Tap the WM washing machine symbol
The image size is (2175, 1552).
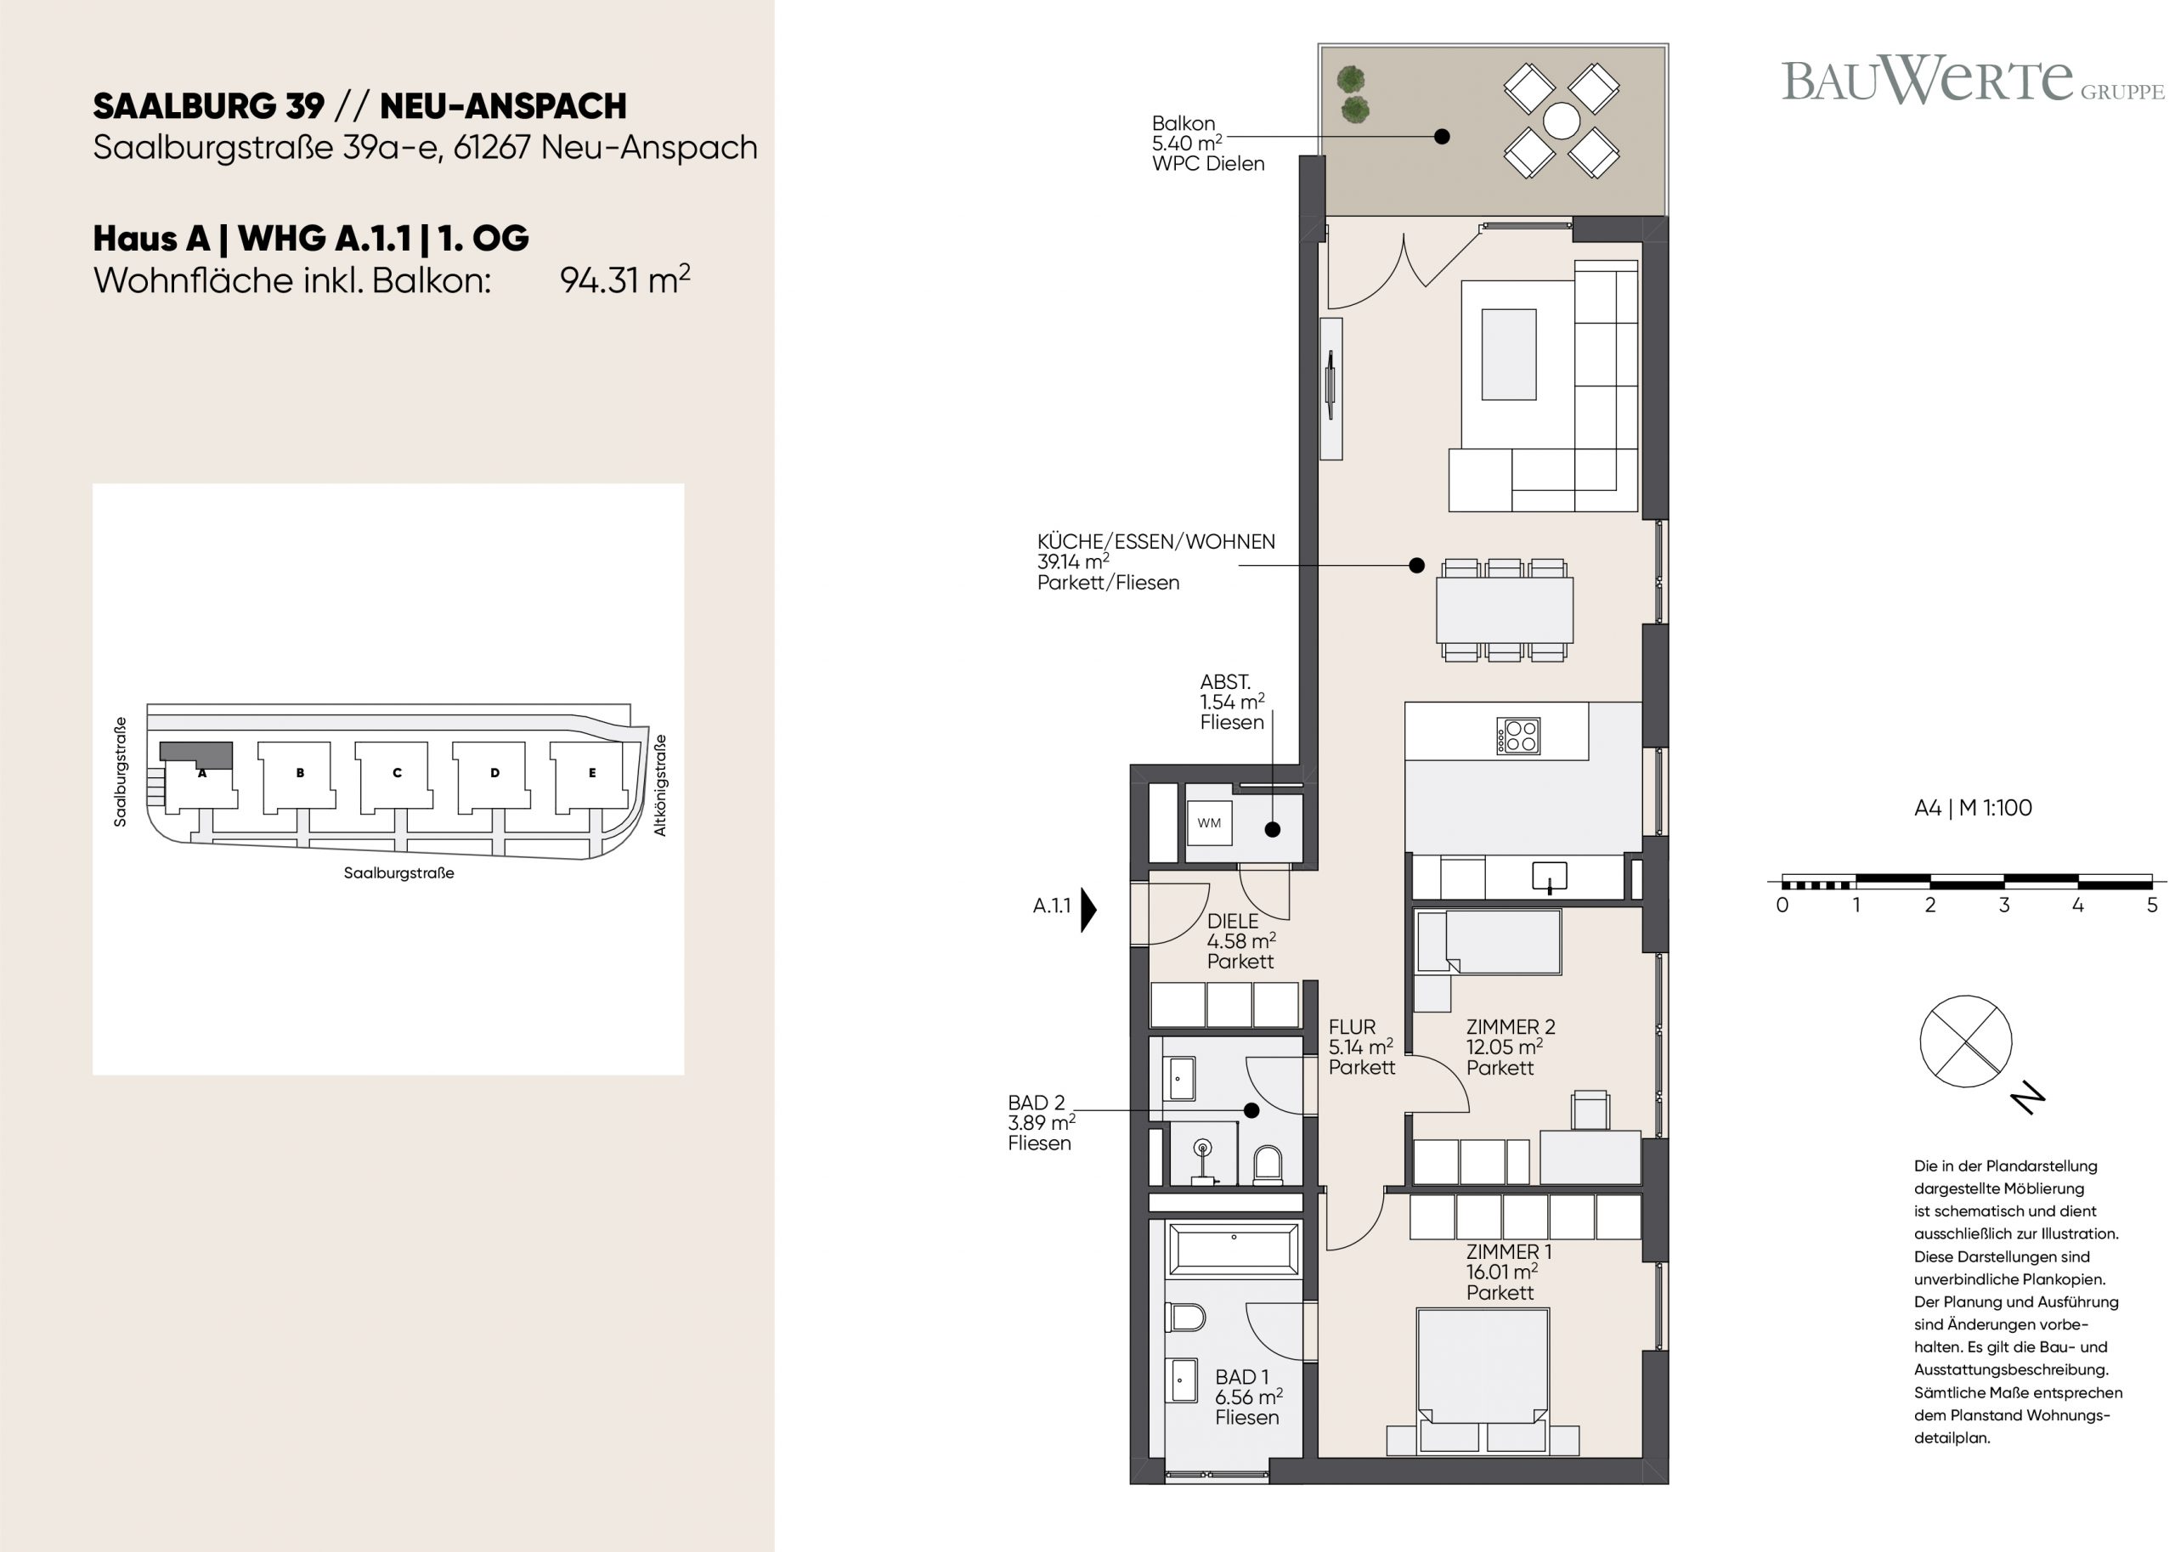pos(1209,823)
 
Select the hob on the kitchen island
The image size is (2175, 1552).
pos(1517,736)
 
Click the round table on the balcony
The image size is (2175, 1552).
pos(1562,121)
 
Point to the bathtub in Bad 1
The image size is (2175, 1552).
pos(1233,1248)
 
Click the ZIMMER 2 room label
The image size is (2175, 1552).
pos(1510,1047)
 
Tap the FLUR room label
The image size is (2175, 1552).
pos(1361,1047)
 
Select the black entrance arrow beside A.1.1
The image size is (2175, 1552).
pos(1088,910)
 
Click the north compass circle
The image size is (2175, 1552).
pos(1965,1041)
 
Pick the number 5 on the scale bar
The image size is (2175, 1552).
pos(2151,905)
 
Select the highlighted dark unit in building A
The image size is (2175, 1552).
pos(196,754)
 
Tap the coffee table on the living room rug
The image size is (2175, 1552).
pos(1509,353)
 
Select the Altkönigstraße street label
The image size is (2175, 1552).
pos(659,785)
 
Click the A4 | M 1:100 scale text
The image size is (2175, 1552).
pos(1973,808)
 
